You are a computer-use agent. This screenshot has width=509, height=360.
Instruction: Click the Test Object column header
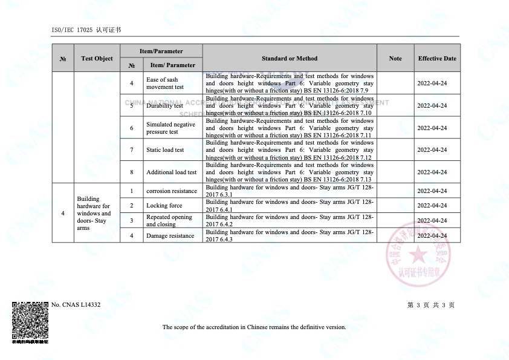pyautogui.click(x=97, y=59)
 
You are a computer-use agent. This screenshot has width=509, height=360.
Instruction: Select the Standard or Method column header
pyautogui.click(x=290, y=59)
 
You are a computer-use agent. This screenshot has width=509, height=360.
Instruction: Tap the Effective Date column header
pyautogui.click(x=437, y=59)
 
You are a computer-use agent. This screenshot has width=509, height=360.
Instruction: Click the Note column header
pyautogui.click(x=395, y=59)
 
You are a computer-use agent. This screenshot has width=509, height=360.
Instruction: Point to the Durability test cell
pyautogui.click(x=164, y=106)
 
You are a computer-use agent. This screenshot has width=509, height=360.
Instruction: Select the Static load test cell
pyautogui.click(x=165, y=150)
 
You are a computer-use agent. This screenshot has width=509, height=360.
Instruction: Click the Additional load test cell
pyautogui.click(x=171, y=172)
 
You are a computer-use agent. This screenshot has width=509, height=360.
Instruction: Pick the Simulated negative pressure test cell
pyautogui.click(x=170, y=128)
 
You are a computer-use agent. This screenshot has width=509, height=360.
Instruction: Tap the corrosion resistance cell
pyautogui.click(x=172, y=191)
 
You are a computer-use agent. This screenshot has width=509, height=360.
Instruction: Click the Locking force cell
pyautogui.click(x=164, y=206)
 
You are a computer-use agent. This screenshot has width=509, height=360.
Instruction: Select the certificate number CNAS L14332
pyautogui.click(x=76, y=305)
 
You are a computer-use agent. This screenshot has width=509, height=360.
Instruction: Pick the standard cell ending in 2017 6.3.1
pyautogui.click(x=290, y=191)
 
